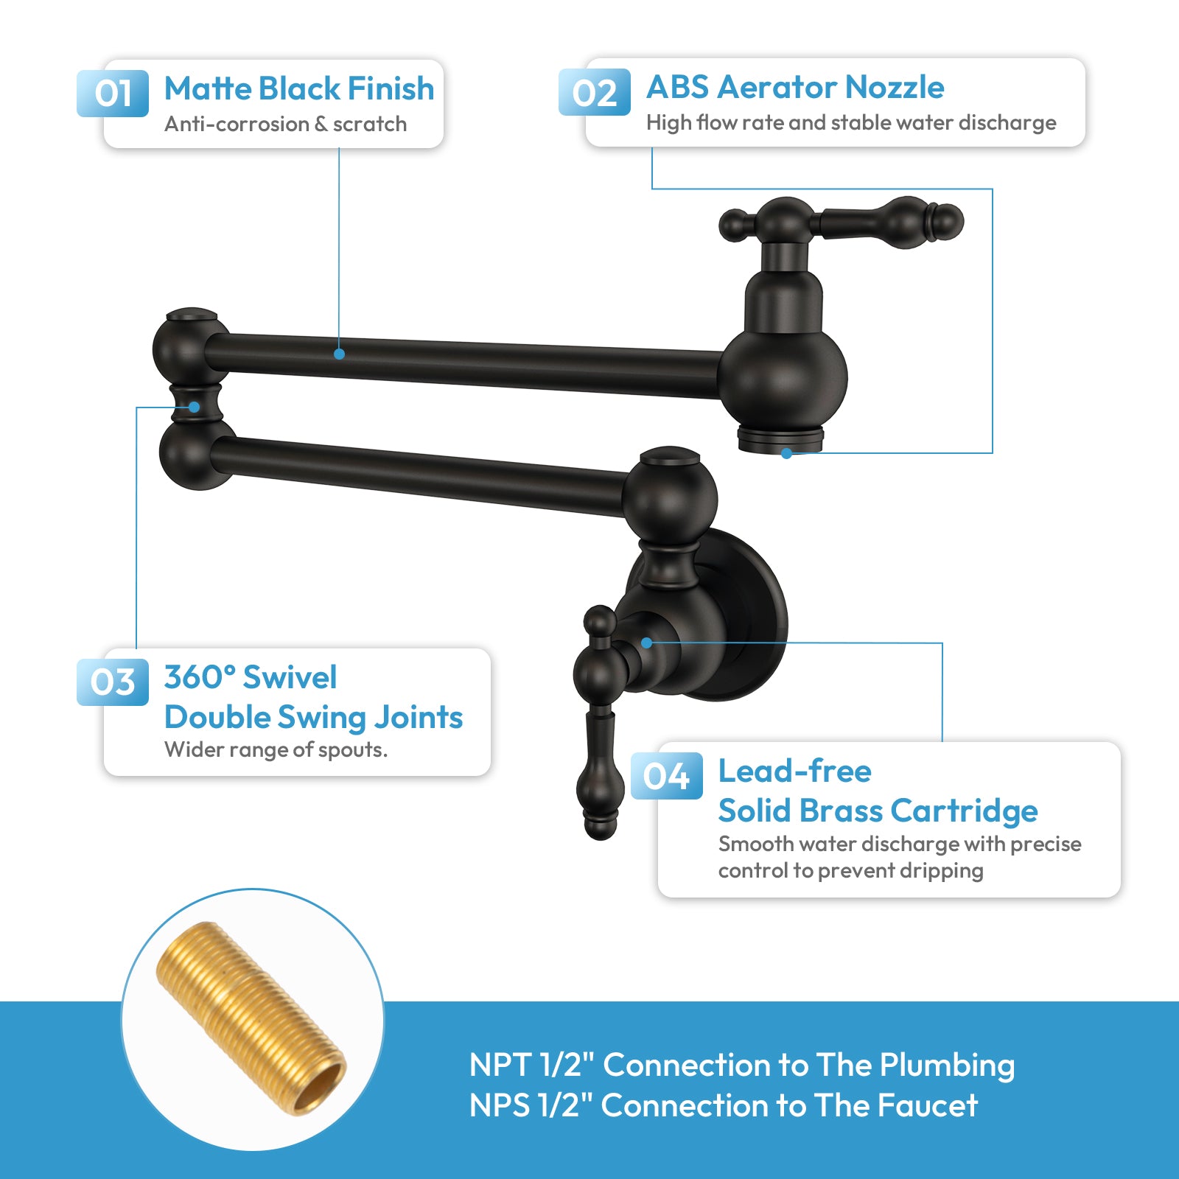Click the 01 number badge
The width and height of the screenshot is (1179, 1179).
pos(113,94)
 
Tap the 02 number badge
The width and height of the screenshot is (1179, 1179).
pos(594,93)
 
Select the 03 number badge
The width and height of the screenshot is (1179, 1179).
pos(113,682)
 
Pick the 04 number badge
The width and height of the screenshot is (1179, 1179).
pos(666,776)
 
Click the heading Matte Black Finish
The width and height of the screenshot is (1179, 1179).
pos(298,88)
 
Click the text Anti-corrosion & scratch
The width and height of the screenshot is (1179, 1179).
pos(285,124)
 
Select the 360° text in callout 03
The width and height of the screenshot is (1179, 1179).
pos(199,677)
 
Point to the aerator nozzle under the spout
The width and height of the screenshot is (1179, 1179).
pos(781,438)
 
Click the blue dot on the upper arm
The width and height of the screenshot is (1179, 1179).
pos(339,354)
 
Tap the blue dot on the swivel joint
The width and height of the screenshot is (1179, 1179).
pos(194,407)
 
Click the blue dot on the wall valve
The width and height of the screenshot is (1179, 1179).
pos(646,643)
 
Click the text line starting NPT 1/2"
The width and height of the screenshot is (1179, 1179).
pos(741,1065)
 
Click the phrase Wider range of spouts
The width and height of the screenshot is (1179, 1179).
pos(276,749)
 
